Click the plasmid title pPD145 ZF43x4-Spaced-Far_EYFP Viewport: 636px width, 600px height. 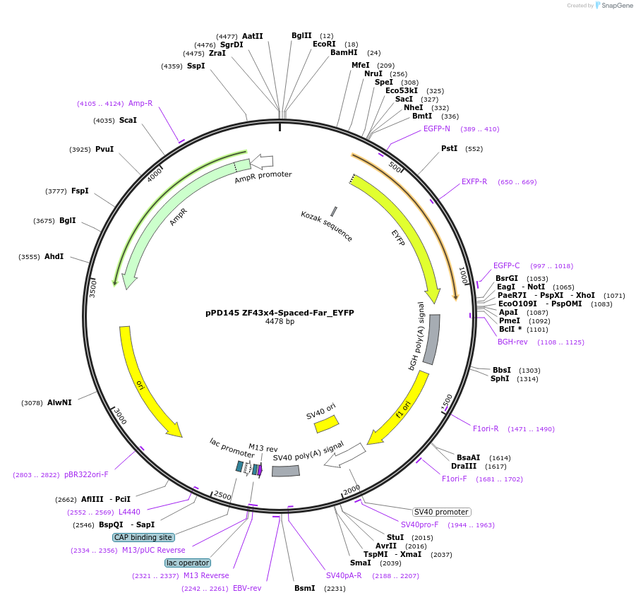pyautogui.click(x=280, y=312)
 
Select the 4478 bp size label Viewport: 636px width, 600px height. pyautogui.click(x=280, y=322)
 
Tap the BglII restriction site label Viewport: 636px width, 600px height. pyautogui.click(x=301, y=35)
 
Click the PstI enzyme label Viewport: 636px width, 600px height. pyautogui.click(x=449, y=149)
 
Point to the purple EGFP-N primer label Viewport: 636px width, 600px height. pyautogui.click(x=437, y=129)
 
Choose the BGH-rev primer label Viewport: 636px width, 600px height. pyautogui.click(x=512, y=342)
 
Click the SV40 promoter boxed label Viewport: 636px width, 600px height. pyautogui.click(x=441, y=512)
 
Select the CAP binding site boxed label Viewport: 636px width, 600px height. pyautogui.click(x=143, y=537)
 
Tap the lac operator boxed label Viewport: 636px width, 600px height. pyautogui.click(x=188, y=563)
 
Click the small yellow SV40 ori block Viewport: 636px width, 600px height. pyautogui.click(x=326, y=424)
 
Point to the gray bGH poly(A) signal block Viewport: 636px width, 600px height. pyautogui.click(x=431, y=339)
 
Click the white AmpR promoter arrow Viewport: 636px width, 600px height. pyautogui.click(x=262, y=162)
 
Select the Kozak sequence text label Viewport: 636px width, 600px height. pyautogui.click(x=326, y=226)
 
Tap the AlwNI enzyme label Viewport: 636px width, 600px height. pyautogui.click(x=59, y=403)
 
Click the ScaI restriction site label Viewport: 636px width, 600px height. pyautogui.click(x=128, y=121)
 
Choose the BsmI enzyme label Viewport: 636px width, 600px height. pyautogui.click(x=304, y=588)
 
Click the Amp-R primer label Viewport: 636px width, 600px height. pyautogui.click(x=140, y=104)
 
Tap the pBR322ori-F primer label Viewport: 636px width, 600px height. pyautogui.click(x=86, y=475)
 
